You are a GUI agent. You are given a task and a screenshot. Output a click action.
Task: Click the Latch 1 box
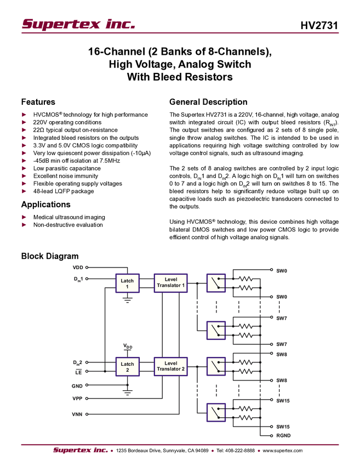127,283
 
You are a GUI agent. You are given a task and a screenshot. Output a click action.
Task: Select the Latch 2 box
127,367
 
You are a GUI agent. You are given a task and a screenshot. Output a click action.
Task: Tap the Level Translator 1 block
170,283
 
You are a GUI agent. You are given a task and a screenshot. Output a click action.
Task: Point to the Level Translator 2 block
170,366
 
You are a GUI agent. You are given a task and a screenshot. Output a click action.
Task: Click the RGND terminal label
283,435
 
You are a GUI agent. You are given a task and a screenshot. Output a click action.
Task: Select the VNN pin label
77,414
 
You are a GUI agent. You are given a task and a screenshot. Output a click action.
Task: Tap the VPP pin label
77,398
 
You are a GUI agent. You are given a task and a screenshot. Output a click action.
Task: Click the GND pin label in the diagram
77,386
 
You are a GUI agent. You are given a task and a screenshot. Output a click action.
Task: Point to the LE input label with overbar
78,372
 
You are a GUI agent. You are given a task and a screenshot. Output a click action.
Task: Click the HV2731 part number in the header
319,25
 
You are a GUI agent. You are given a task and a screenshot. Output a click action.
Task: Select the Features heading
38,102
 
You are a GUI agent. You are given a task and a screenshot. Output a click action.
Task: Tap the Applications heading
45,204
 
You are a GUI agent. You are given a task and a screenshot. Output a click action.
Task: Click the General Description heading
208,102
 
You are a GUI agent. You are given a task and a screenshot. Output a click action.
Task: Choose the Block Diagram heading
50,256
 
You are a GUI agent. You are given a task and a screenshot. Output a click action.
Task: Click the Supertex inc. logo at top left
78,24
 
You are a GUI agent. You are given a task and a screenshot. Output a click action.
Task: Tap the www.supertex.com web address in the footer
283,451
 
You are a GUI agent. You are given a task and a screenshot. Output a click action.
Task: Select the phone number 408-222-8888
239,451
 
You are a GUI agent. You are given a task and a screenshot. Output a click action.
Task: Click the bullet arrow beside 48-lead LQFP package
24,191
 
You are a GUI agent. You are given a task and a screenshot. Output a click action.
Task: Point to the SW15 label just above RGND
283,427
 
